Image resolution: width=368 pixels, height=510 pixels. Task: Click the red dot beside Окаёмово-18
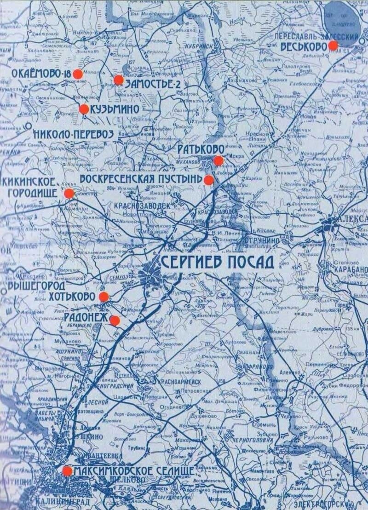(78, 74)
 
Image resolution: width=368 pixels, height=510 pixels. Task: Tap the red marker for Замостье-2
(119, 80)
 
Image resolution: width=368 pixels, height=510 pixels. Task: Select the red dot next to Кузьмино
(84, 109)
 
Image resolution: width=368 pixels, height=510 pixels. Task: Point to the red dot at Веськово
(333, 46)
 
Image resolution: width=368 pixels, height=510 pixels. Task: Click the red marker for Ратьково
(218, 160)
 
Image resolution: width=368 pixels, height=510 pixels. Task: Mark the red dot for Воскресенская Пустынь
(209, 179)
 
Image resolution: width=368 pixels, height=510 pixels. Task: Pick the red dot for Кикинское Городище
(69, 194)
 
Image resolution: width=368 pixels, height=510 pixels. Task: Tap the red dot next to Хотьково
(103, 297)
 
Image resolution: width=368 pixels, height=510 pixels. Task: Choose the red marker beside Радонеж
(115, 320)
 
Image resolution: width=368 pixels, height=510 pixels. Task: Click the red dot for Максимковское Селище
(67, 471)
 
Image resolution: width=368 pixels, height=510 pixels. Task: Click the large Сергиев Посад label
(218, 262)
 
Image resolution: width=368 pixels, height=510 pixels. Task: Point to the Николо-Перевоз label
(73, 134)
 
